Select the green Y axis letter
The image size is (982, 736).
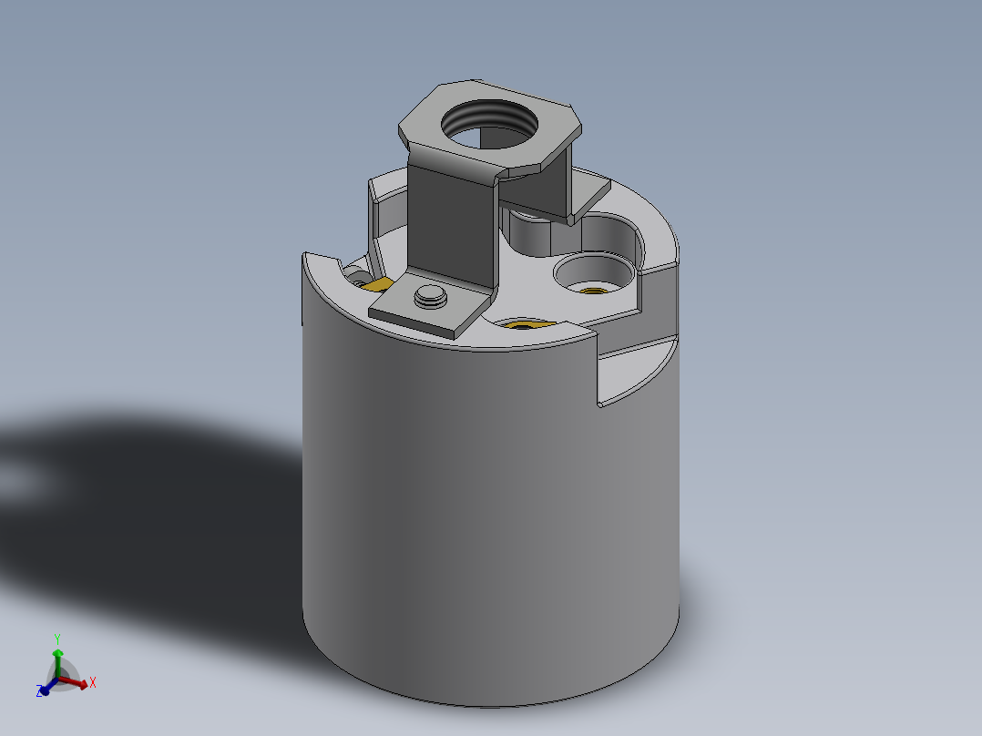pos(56,638)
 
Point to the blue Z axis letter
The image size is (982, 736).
pos(41,692)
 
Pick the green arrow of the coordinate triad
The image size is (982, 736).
pos(56,658)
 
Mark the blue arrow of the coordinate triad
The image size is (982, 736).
pos(46,688)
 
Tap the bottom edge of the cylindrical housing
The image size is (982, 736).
pos(492,704)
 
